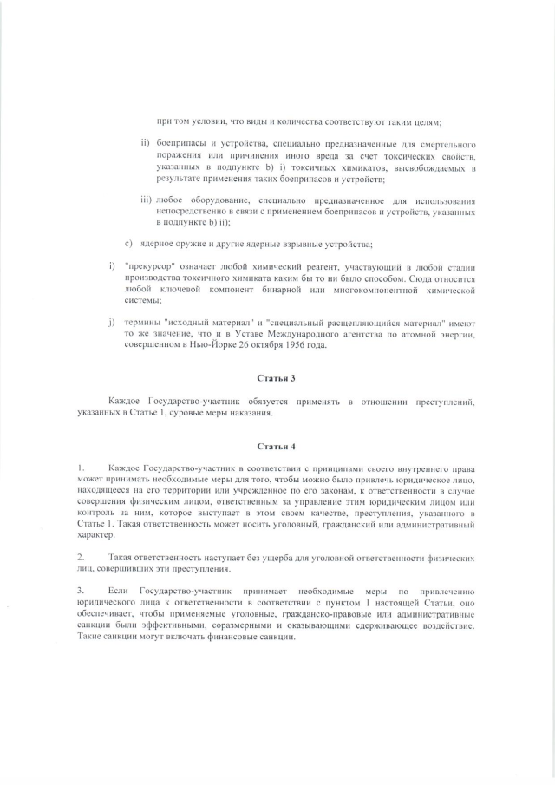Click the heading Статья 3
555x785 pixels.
(277, 378)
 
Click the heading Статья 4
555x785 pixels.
(277, 446)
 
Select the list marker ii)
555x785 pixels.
(146, 142)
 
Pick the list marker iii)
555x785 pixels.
(146, 200)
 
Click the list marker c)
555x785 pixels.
(129, 244)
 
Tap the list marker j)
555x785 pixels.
(112, 323)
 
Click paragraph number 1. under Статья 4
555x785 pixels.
(81, 468)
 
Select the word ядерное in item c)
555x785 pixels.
(161, 244)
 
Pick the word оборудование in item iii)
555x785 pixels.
(206, 200)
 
